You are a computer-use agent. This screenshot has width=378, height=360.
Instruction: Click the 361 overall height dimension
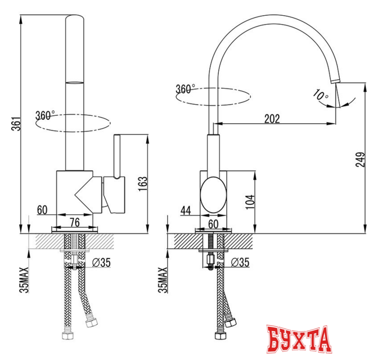point(17,124)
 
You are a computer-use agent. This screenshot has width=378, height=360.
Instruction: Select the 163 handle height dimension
point(142,184)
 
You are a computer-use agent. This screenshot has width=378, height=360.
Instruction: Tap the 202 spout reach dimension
point(272,119)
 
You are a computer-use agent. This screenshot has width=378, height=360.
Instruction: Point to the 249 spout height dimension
point(360,159)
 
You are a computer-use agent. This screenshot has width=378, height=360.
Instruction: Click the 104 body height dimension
point(250,202)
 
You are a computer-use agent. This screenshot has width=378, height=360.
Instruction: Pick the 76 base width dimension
point(75,222)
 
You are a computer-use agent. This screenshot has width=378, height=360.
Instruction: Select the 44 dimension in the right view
point(186,210)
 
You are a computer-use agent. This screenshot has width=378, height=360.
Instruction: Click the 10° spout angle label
point(321,94)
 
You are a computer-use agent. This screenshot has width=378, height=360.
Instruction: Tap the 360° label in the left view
point(45,115)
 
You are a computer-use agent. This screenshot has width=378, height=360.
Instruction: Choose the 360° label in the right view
point(185,89)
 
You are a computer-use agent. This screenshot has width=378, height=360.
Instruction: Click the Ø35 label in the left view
point(101,263)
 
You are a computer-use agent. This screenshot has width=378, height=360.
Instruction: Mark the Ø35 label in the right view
point(240,262)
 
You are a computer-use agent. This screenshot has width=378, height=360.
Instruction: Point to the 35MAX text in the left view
point(24,280)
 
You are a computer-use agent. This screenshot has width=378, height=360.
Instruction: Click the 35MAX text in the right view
point(163,280)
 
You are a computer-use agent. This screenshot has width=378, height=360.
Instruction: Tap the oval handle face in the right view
point(213,195)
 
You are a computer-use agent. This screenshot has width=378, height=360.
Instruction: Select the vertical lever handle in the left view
point(117,156)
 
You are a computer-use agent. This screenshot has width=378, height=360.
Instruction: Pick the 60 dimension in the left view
point(42,210)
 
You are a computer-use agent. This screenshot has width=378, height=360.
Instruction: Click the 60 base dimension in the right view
point(213,224)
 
